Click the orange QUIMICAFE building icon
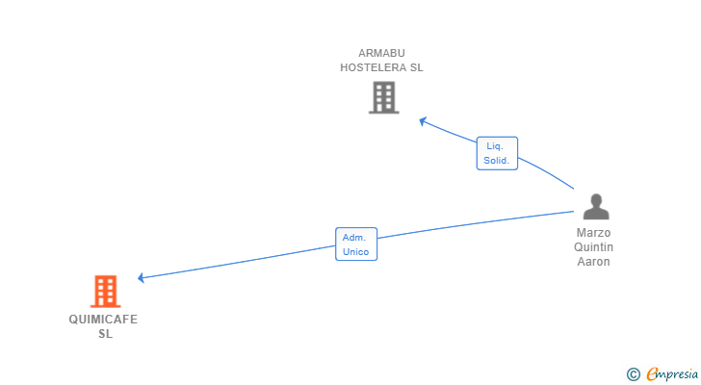(x=105, y=291)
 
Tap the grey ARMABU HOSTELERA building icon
(x=383, y=97)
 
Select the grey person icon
(x=596, y=207)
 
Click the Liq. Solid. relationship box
(x=497, y=153)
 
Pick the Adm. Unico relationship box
(x=355, y=244)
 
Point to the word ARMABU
(x=381, y=53)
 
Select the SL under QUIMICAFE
(x=105, y=333)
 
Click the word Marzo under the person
(x=594, y=233)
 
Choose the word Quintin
(x=594, y=247)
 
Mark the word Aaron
(x=594, y=262)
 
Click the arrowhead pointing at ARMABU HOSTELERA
(x=423, y=120)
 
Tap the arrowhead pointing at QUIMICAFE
(x=142, y=278)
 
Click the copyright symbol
(x=633, y=373)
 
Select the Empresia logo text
(x=671, y=373)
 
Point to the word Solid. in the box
(x=497, y=161)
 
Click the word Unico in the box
(x=355, y=251)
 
